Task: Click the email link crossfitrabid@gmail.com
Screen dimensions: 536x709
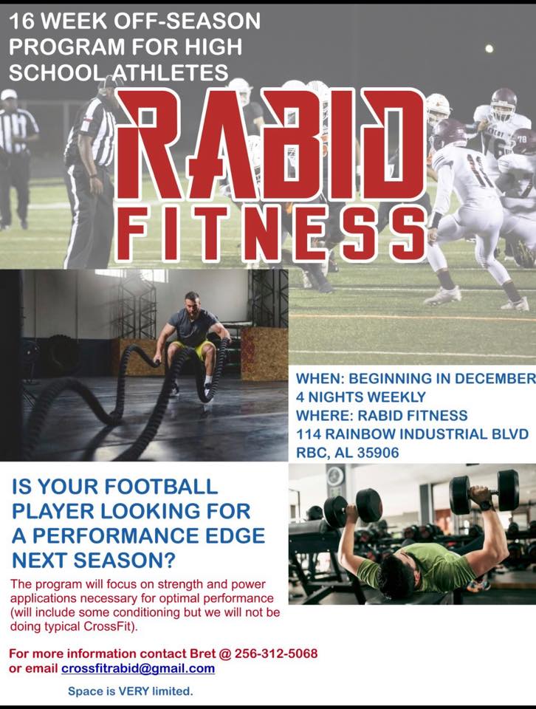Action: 138,668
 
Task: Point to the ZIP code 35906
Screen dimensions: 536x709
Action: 378,453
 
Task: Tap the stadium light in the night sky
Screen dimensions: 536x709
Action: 489,49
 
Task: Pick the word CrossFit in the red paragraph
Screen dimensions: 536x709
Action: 109,627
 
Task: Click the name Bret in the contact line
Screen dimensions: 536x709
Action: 202,654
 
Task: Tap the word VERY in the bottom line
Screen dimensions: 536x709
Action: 134,691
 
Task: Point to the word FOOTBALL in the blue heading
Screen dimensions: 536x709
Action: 161,487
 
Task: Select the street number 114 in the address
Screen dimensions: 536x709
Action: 309,434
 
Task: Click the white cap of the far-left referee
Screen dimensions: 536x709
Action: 9,94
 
